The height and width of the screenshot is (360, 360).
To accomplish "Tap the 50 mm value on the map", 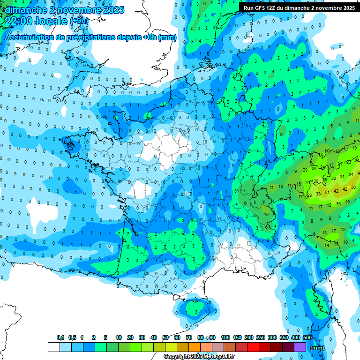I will pos(353,187).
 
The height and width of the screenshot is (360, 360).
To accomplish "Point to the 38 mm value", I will pos(318,194).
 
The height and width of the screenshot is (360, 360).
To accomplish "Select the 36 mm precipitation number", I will pos(338,203).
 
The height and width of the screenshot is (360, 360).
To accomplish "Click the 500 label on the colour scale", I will pos(307,337).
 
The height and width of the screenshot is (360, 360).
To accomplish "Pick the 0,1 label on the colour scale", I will pos(60,337).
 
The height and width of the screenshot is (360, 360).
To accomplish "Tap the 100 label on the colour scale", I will pos(225,337).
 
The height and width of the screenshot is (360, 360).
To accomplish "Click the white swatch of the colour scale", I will pos(53,347).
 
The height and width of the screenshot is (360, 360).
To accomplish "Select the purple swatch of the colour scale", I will pos(300,347).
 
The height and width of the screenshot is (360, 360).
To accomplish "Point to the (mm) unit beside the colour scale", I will pos(317,348).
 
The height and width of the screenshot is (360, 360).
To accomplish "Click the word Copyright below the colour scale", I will pos(176,357).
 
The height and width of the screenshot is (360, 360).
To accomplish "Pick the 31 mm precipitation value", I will pos(343,176).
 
